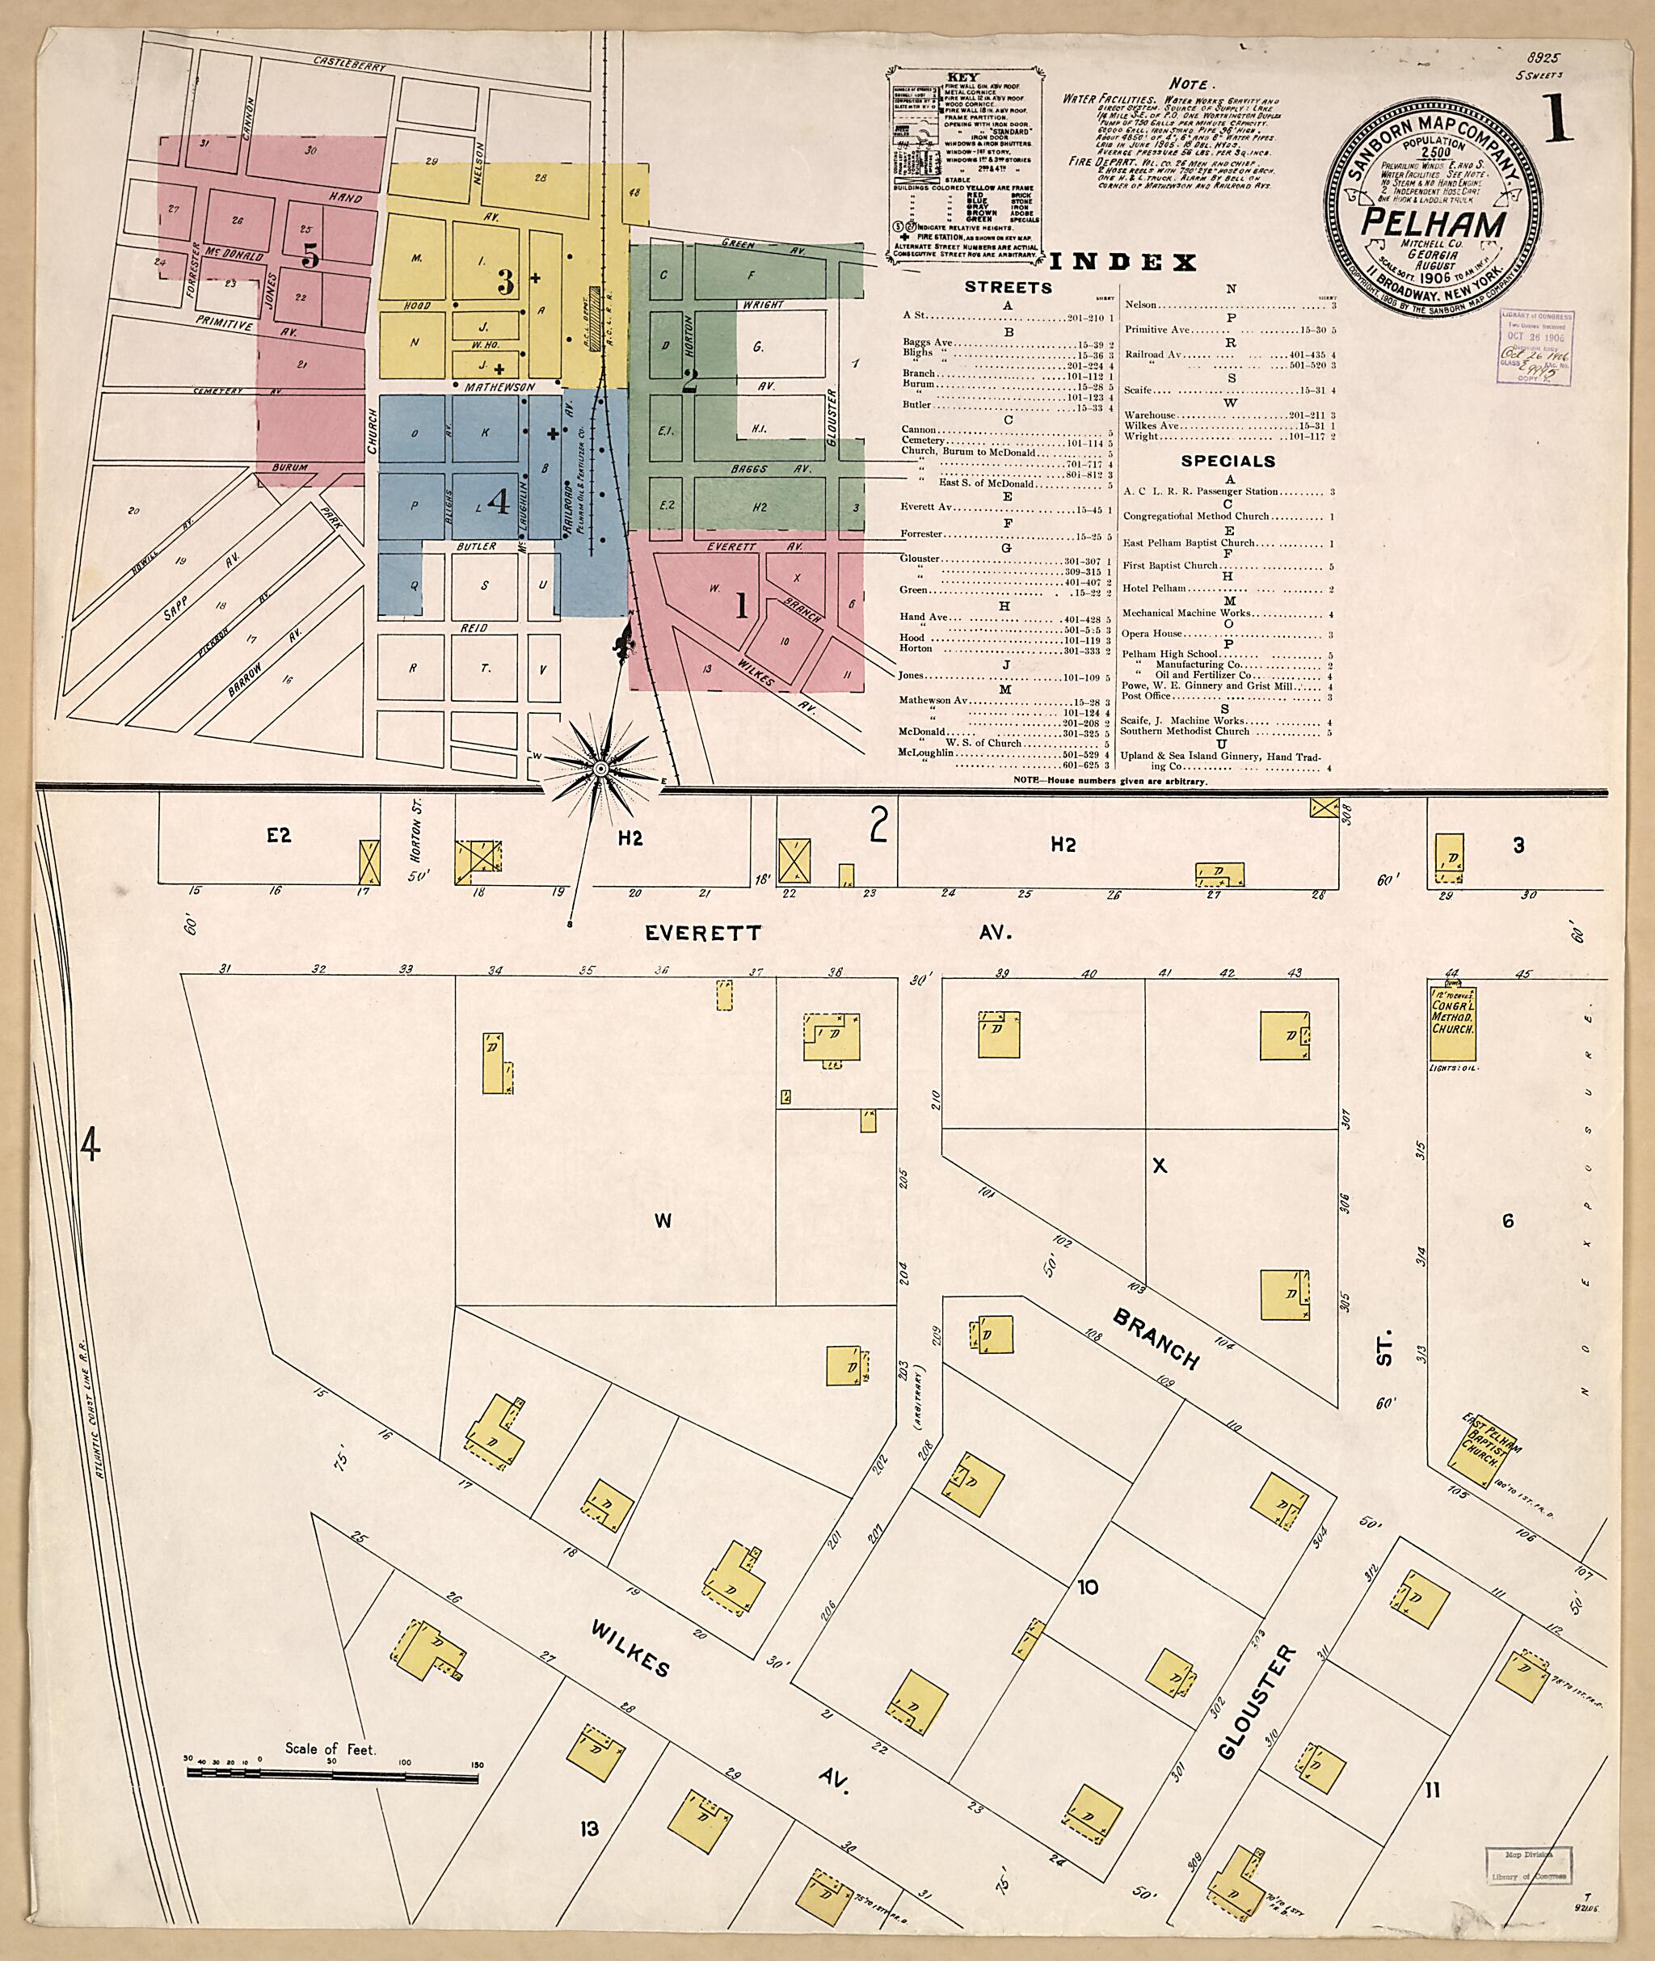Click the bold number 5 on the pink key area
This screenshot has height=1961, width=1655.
(x=311, y=255)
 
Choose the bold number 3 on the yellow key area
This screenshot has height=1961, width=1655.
(x=506, y=282)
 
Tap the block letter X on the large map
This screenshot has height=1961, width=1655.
(x=1159, y=1166)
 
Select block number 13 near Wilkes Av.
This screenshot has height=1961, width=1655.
(x=589, y=1828)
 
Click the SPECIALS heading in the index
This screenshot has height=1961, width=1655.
(x=1228, y=461)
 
